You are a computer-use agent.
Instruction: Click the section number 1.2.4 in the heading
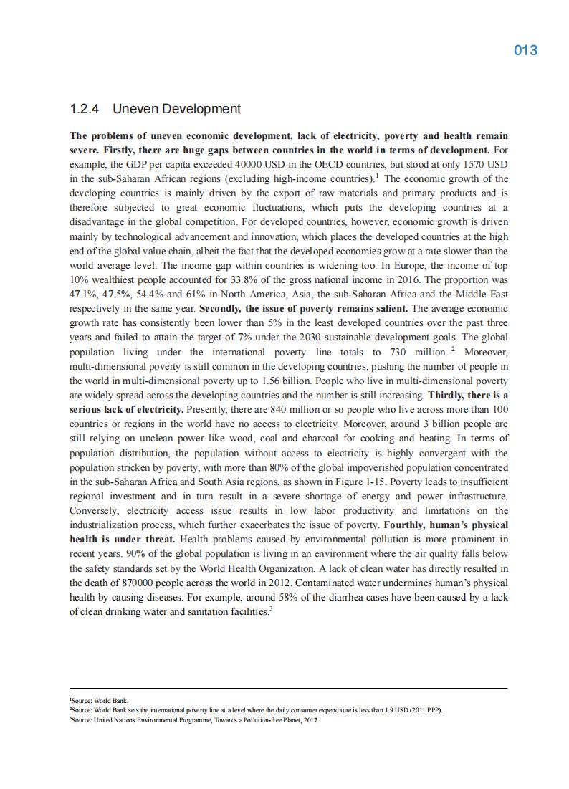click(85, 109)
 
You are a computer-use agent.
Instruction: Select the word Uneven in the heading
click(136, 109)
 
